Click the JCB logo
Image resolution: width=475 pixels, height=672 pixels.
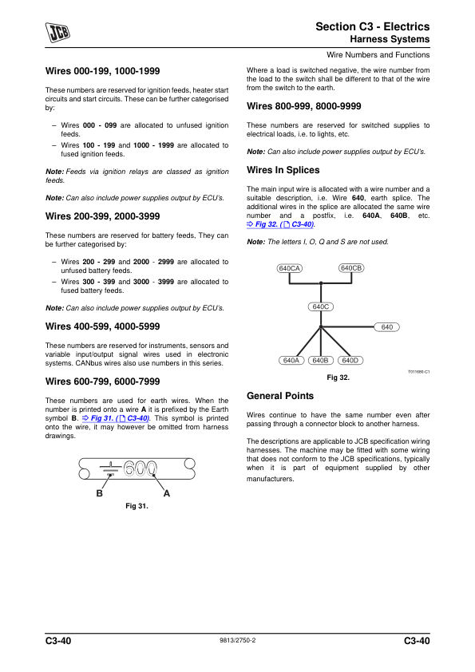pyautogui.click(x=57, y=32)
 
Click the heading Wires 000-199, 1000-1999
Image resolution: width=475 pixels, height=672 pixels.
pyautogui.click(x=102, y=71)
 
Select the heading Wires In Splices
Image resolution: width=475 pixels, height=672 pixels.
pyautogui.click(x=283, y=170)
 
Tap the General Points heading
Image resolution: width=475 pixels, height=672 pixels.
pyautogui.click(x=280, y=396)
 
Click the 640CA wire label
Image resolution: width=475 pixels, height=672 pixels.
pyautogui.click(x=289, y=268)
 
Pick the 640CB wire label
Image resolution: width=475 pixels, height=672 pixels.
pyautogui.click(x=351, y=268)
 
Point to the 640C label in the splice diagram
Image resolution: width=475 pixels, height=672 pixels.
pyautogui.click(x=321, y=306)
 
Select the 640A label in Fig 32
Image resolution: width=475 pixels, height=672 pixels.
pyautogui.click(x=291, y=361)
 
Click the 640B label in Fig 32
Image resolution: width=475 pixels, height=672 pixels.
pyautogui.click(x=320, y=361)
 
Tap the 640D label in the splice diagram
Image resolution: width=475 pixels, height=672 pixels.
pyautogui.click(x=350, y=361)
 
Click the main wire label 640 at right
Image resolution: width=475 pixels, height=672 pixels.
pyautogui.click(x=386, y=327)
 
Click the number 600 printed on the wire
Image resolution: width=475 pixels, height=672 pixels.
pyautogui.click(x=141, y=468)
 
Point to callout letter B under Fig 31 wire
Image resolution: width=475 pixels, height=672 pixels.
pyautogui.click(x=100, y=494)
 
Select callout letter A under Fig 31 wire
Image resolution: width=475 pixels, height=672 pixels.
pyautogui.click(x=167, y=494)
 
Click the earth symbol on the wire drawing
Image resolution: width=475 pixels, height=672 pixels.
pyautogui.click(x=110, y=468)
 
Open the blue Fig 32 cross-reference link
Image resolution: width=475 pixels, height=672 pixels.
pyautogui.click(x=280, y=224)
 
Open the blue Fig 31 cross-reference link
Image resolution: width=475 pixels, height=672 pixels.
pyautogui.click(x=116, y=418)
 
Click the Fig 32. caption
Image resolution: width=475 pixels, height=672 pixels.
pyautogui.click(x=338, y=378)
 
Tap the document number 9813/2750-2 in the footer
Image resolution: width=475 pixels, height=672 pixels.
pyautogui.click(x=238, y=640)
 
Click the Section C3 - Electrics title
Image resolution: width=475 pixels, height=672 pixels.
pyautogui.click(x=373, y=26)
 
